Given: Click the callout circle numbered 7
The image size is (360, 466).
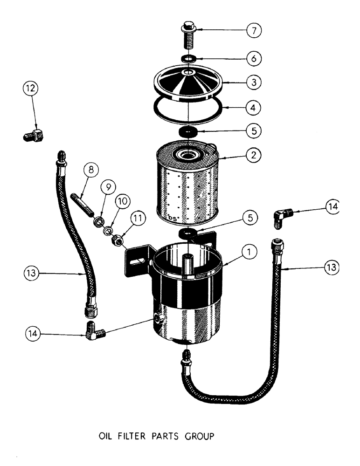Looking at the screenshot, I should tap(254, 31).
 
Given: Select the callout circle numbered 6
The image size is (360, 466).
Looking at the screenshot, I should tap(254, 59).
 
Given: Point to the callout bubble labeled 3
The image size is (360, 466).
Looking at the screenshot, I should tap(254, 82).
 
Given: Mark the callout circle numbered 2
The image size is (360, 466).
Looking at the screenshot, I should tap(254, 154).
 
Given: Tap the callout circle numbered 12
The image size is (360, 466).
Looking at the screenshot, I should tap(31, 89).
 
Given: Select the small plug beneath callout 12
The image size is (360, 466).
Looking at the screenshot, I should tap(34, 136).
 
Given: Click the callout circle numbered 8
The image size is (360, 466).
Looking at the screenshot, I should tap(91, 170).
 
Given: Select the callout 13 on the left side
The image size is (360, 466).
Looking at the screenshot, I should tap(31, 273).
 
